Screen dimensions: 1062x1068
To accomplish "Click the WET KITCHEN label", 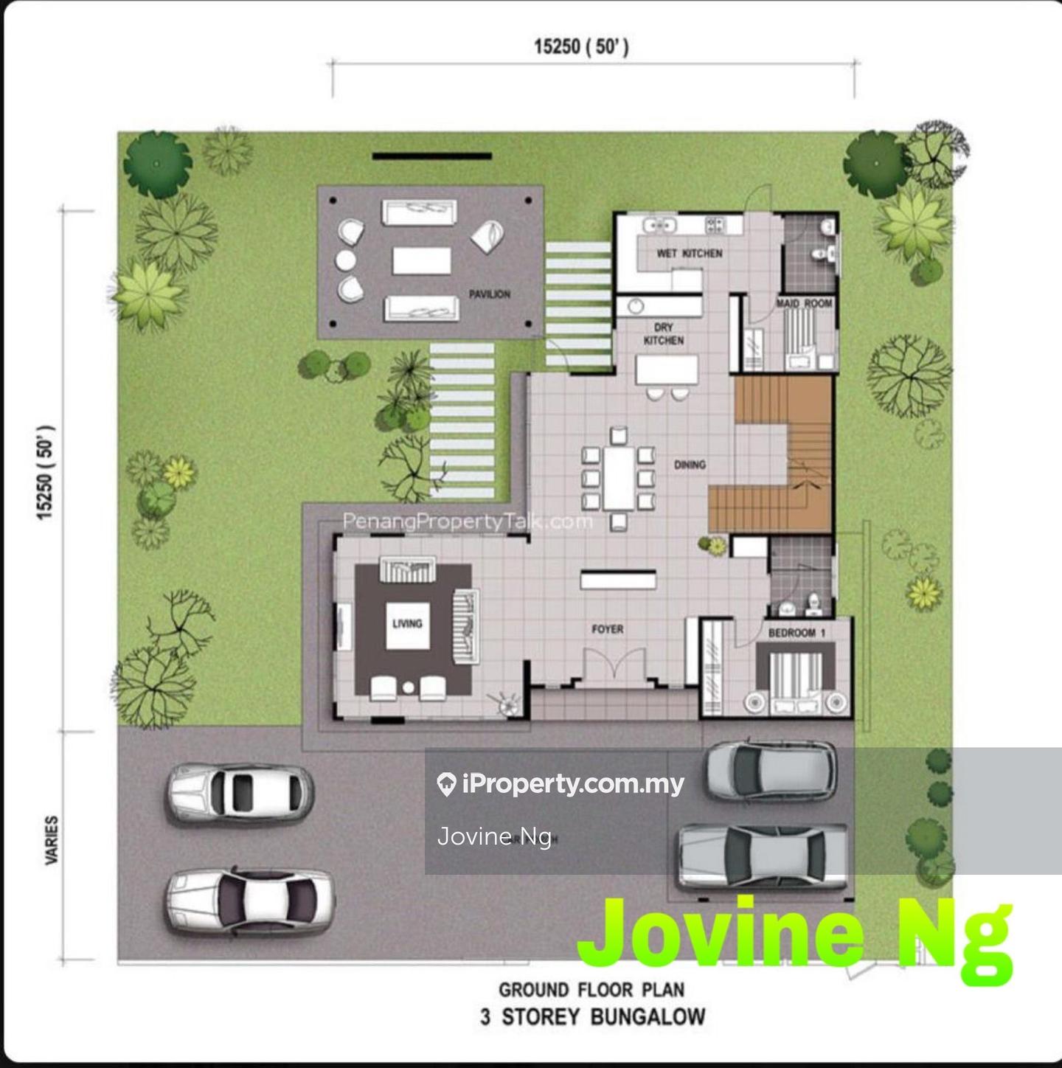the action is coord(690,253).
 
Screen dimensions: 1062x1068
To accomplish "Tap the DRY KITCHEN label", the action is coord(664,333).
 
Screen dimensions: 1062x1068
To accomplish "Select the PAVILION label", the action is coord(490,294).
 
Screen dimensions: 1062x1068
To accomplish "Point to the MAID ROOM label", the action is coord(805,303).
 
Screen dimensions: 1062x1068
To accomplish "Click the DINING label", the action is coord(690,465).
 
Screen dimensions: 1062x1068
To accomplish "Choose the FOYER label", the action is coord(608,629).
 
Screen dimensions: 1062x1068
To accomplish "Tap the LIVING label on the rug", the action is coord(407,623).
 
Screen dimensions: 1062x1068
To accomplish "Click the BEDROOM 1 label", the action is coord(797,633).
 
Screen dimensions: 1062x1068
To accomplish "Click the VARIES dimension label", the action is coord(52,839).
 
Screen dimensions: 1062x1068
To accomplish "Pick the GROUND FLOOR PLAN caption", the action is coord(592,989).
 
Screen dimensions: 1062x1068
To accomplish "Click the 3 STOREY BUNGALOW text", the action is coord(592,1017).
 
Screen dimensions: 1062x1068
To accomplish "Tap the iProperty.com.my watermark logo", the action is coord(560,784).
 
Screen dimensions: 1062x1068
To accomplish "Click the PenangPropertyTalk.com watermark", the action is coord(468,521).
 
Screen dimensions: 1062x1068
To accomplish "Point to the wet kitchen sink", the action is coord(659,225).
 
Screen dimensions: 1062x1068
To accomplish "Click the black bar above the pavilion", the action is coord(431,156).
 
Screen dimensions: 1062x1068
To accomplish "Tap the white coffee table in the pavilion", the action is coord(421,260).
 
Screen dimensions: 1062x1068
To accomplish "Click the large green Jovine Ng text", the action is coord(796,933).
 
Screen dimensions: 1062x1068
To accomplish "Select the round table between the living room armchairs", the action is coord(409,688).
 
